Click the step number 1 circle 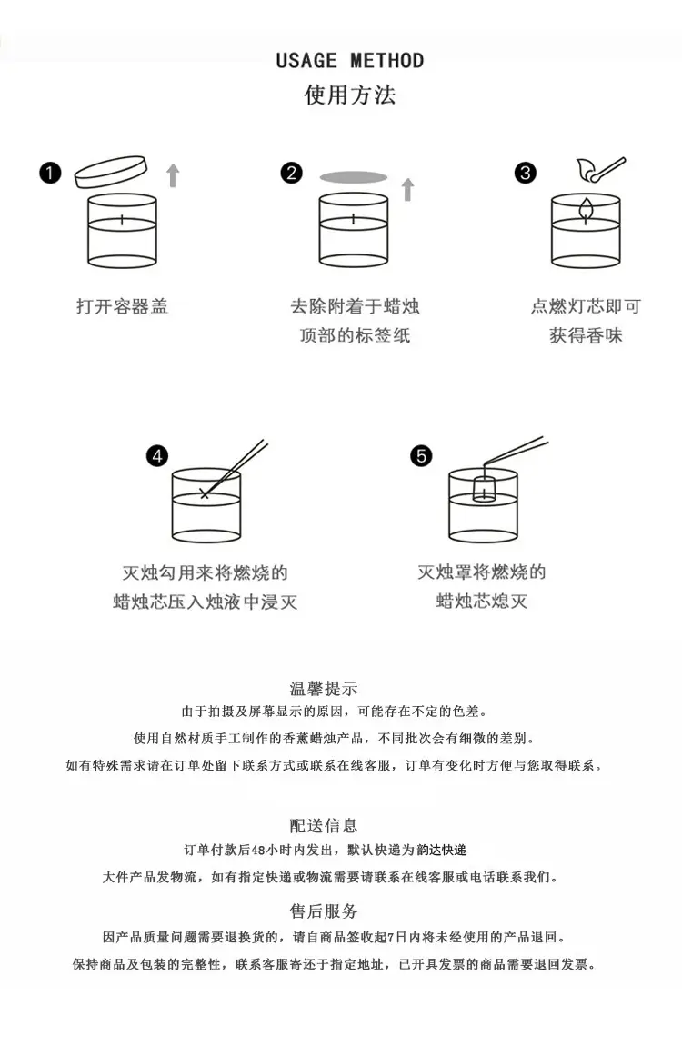tap(51, 173)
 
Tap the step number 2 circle tap(292, 173)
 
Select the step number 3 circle tap(526, 173)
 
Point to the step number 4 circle tap(157, 456)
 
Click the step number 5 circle tap(421, 456)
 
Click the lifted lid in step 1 tap(111, 173)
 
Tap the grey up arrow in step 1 tap(173, 175)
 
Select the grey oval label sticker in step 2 tap(354, 177)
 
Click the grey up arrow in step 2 tap(407, 190)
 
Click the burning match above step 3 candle tap(600, 170)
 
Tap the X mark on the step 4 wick tap(205, 494)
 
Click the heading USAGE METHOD tap(350, 61)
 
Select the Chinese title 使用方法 tap(350, 95)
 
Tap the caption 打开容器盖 tap(122, 307)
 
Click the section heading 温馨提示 tap(324, 688)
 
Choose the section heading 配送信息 tap(324, 826)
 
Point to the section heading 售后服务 tap(324, 911)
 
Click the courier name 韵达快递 tap(442, 850)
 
